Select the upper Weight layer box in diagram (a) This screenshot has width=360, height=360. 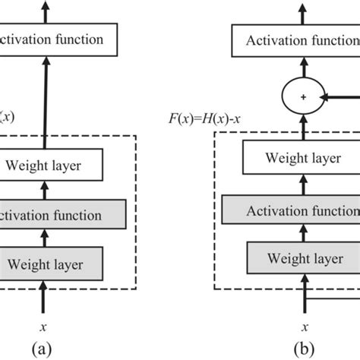52,163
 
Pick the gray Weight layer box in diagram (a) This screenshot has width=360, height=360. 52,264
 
